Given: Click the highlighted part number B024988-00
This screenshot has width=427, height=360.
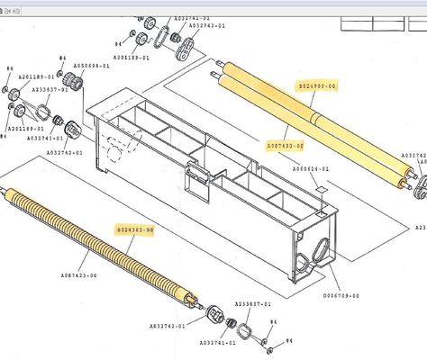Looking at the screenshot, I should coord(316,85).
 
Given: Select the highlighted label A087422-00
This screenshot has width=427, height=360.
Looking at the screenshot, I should coord(285,144).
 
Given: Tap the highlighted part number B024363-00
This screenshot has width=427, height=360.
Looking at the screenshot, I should coord(134,230).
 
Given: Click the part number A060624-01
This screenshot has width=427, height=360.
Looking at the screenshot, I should coord(312,169).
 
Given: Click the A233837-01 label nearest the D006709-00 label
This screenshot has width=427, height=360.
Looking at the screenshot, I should coord(253,304).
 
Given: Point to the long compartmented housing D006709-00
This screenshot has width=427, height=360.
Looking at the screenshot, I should coord(207,180).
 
